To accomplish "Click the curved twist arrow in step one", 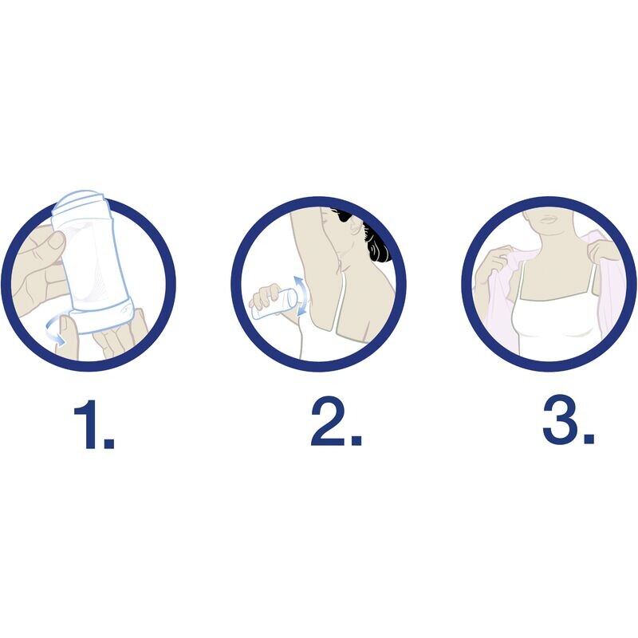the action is point(57,331).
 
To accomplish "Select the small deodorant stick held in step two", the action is point(274,304).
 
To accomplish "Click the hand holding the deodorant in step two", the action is point(266,296).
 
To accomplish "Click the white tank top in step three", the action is point(554,325).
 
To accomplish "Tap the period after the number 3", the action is point(589,438).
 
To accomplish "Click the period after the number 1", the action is point(108,442).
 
